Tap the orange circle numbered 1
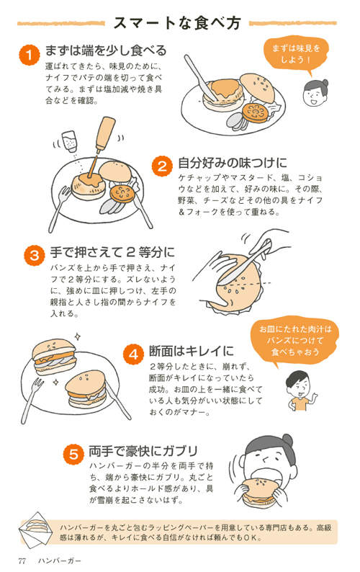point(28,53)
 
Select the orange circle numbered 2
point(161,165)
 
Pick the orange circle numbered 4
point(132,354)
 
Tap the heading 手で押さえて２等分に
point(112,253)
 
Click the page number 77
point(22,559)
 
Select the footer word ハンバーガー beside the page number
point(60,559)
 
